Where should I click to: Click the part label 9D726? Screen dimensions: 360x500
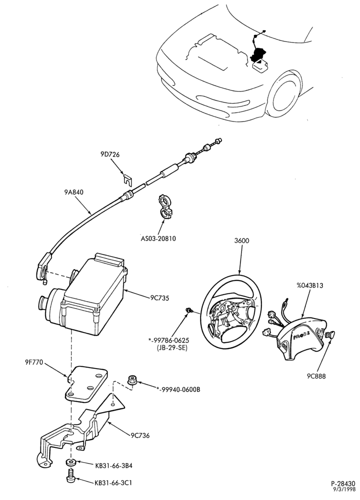tap(109, 154)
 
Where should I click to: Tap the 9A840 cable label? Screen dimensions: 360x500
tap(74, 192)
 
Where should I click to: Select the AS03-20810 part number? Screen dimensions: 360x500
tap(158, 238)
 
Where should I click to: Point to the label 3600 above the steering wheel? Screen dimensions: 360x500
tap(241, 241)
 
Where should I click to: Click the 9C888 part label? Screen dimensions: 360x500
tap(316, 376)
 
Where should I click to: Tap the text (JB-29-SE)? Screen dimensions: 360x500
tap(172, 348)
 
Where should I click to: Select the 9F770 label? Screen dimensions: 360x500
tap(33, 362)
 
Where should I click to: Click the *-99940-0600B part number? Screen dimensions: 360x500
tap(178, 389)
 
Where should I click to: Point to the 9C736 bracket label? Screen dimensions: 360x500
tap(140, 435)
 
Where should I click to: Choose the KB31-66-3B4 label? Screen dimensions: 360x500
tap(113, 465)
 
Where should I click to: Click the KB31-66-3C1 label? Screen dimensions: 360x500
tap(113, 483)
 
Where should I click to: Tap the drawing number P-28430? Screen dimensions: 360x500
tap(343, 483)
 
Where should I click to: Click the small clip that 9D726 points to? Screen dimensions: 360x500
tap(127, 179)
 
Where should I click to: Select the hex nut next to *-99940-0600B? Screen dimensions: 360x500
tap(131, 380)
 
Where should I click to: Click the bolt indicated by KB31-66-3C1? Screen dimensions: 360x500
tap(71, 475)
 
